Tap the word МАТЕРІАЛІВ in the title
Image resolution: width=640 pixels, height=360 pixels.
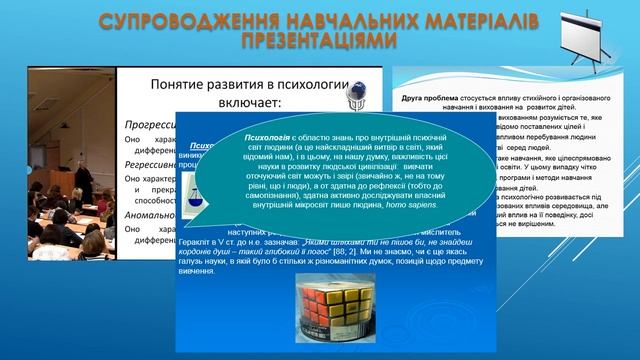(x=479, y=21)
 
